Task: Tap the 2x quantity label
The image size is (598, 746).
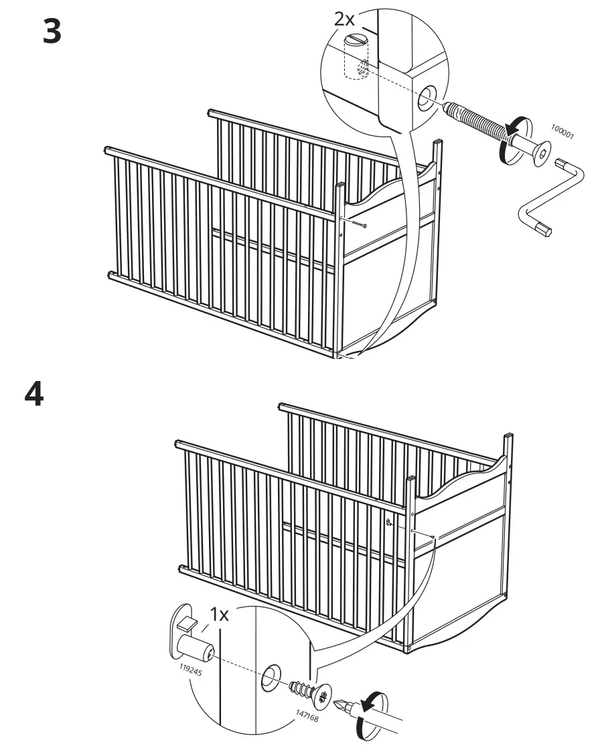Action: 346,19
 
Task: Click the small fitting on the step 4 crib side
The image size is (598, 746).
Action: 389,522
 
